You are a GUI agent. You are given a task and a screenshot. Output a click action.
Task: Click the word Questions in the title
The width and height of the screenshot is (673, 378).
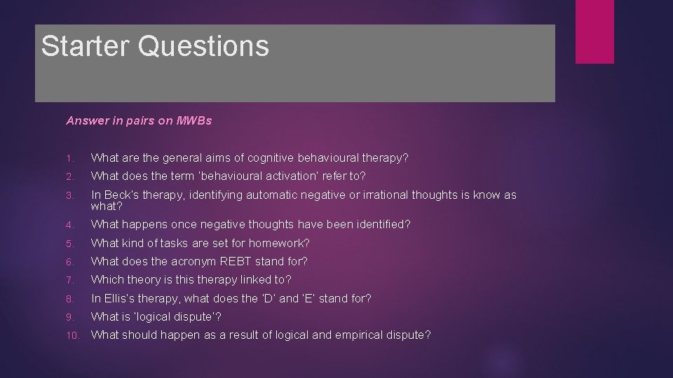[203, 46]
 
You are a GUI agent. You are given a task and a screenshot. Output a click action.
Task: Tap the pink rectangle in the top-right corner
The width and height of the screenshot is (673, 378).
[594, 31]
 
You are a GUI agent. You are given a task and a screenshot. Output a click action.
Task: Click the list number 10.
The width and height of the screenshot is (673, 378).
[72, 335]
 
